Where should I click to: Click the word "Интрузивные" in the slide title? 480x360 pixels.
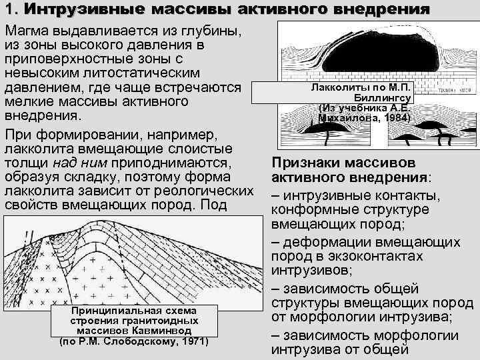72,10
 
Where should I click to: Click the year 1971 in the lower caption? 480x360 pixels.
193,342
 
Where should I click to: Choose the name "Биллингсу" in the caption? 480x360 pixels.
384,98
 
